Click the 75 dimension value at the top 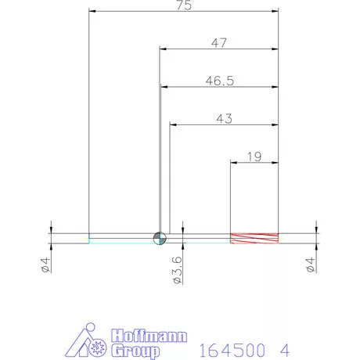coord(184,5)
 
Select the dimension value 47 coord(219,43)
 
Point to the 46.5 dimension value coord(220,80)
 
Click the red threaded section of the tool coord(254,239)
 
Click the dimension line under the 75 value coord(184,12)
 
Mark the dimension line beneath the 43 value coord(224,124)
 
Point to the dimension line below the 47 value coord(219,49)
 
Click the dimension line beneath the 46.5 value coord(220,86)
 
